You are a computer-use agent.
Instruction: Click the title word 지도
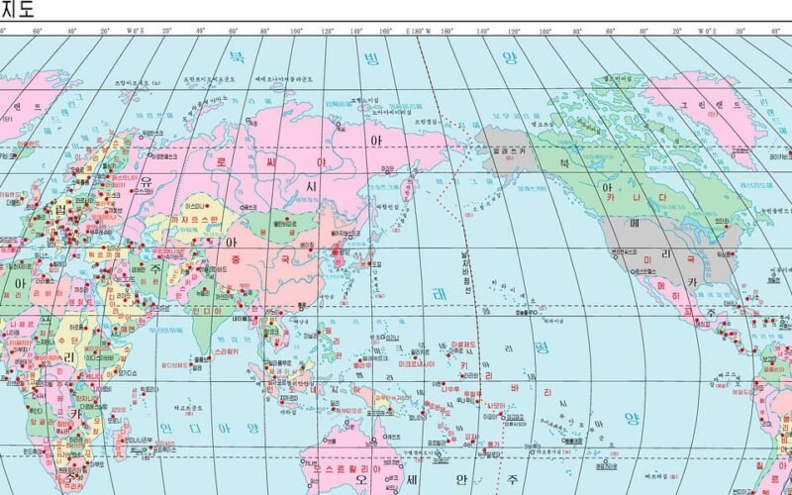pos(17,10)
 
